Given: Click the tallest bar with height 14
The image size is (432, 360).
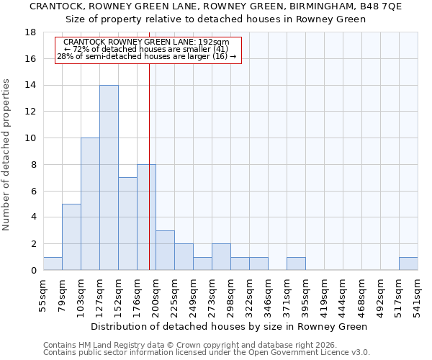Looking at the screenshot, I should (x=109, y=178).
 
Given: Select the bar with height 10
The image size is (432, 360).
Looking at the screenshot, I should (x=90, y=204).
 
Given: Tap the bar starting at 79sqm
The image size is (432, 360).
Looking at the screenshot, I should (x=71, y=237).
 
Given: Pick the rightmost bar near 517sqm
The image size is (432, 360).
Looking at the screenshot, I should (x=408, y=264).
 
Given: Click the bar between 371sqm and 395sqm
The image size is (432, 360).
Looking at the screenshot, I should (x=296, y=264).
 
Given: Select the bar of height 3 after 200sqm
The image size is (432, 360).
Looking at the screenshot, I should (x=165, y=250).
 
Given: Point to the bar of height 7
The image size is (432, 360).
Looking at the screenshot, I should (x=127, y=224).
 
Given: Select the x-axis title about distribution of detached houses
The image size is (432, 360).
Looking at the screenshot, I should (x=230, y=326).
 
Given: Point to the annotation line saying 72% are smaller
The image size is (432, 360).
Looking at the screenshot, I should (x=147, y=49).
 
